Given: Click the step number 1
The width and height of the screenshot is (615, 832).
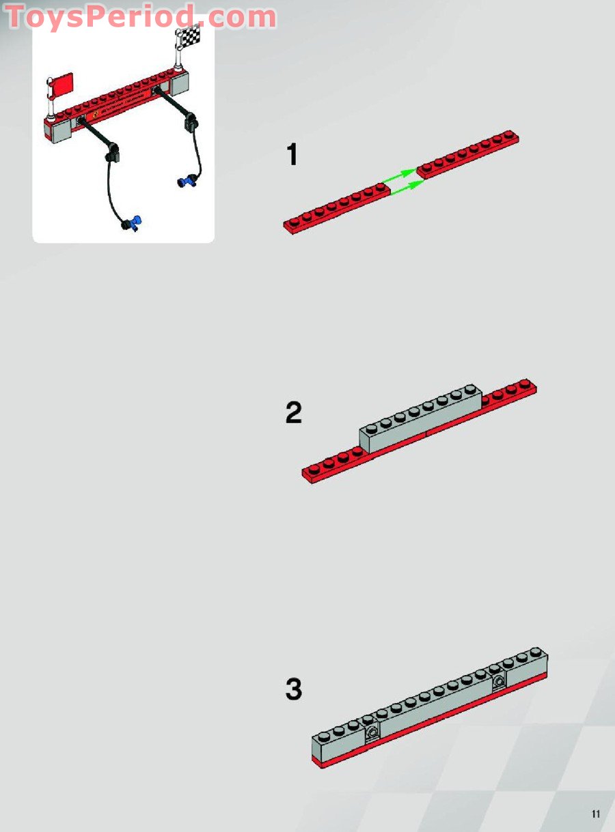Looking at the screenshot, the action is tap(292, 154).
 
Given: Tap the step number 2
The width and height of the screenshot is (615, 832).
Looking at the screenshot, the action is tap(293, 413).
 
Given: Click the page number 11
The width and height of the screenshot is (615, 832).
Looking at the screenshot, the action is tap(595, 812).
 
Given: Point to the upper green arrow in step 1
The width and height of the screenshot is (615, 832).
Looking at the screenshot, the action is tap(398, 176).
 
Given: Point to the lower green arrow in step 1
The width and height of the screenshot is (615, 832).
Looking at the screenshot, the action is tap(407, 187).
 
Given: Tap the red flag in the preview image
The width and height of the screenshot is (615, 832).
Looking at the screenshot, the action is tap(61, 85).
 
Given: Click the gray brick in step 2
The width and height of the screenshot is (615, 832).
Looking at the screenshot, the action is tap(420, 418).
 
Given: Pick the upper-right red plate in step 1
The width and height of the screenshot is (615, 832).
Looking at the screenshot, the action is tap(467, 154).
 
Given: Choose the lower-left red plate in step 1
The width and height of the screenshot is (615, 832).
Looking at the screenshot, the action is tap(337, 208).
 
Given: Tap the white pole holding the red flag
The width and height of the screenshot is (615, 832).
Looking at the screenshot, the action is tap(51, 99).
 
